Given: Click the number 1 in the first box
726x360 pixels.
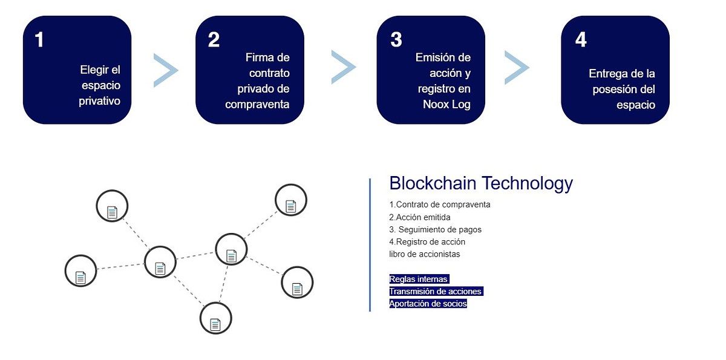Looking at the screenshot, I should pos(40,40).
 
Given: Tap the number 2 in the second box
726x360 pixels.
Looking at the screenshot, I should pos(214,40).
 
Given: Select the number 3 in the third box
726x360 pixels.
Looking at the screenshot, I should pos(396,40).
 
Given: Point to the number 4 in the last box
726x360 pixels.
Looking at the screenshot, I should pos(581,40).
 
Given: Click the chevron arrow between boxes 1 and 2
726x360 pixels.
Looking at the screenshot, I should pos(165,70).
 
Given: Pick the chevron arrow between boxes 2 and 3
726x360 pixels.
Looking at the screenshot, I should pos(343,67).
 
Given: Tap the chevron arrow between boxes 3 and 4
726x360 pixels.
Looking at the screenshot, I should pos(516,67).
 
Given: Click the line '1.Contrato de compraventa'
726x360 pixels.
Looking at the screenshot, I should pos(439,205).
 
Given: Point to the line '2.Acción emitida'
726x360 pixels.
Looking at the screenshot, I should pos(420,217).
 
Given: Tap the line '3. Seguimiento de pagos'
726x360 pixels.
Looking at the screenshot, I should pos(435,230).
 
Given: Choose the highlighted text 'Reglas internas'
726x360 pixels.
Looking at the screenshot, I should pos(419,279).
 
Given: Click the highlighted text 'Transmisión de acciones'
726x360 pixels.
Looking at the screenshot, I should pos(436,292).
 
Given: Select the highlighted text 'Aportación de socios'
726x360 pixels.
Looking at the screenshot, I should pos(428,304).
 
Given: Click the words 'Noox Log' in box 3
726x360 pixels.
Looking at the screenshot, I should pos(446,104).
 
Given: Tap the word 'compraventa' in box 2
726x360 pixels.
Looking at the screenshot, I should pos(257,104).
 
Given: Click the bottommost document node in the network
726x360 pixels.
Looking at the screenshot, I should pos(215,319).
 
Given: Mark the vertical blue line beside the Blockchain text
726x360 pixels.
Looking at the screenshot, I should pos(370,245).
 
